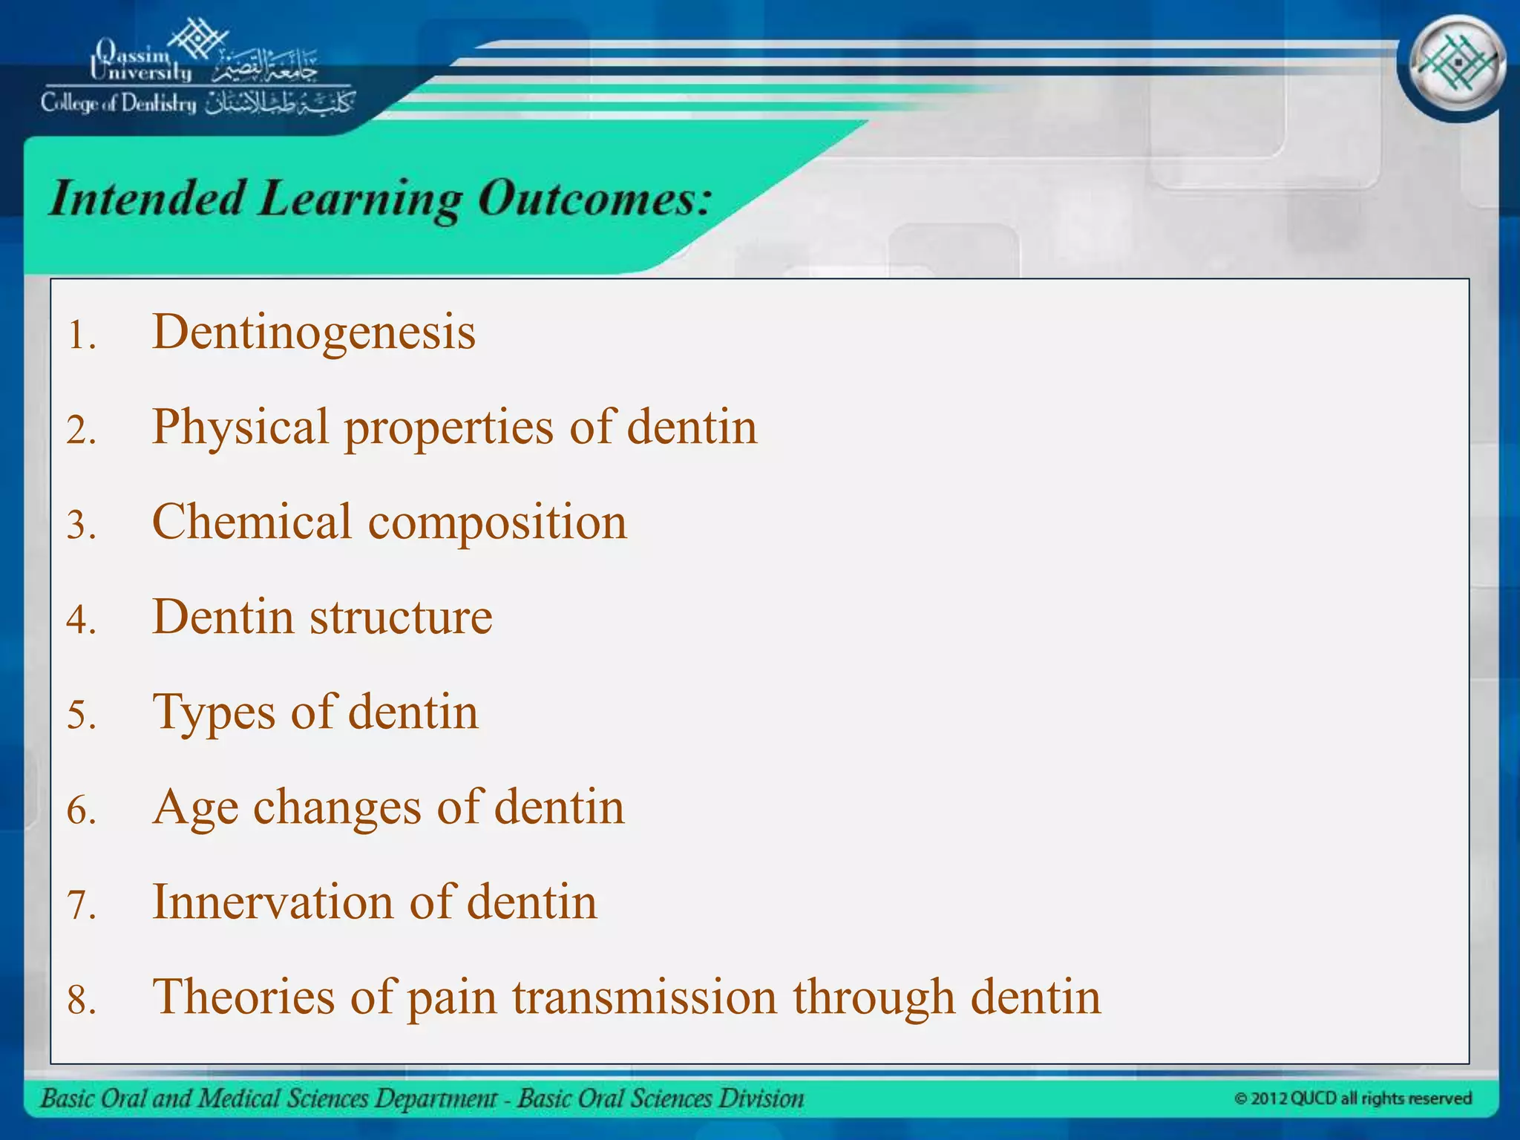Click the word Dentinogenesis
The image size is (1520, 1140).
tap(313, 332)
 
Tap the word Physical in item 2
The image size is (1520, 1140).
tap(240, 428)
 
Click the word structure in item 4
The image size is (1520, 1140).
tap(401, 617)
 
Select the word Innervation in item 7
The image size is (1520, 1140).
tap(272, 902)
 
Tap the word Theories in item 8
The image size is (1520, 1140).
tap(243, 997)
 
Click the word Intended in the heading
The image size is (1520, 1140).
tap(146, 198)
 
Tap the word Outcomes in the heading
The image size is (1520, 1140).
tap(594, 198)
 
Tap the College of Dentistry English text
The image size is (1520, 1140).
tap(119, 103)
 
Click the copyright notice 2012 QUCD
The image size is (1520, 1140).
tap(1352, 1098)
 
